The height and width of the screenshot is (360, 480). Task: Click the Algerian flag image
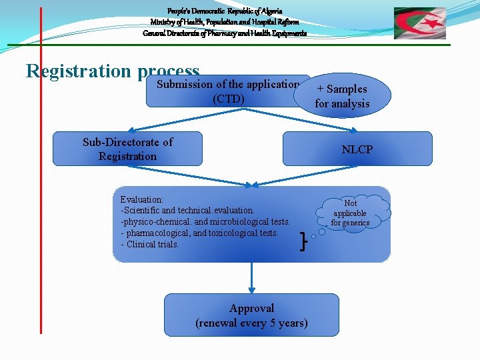[420, 23]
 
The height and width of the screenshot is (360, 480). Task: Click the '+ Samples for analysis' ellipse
[342, 95]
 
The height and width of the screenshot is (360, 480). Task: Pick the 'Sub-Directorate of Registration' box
[127, 149]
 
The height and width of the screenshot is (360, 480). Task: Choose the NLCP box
[357, 149]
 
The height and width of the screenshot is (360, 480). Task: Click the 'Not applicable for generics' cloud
[351, 213]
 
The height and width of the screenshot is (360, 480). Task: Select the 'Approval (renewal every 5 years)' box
[251, 315]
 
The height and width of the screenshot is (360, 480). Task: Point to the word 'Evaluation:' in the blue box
[141, 199]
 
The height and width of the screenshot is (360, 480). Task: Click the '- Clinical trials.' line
[150, 244]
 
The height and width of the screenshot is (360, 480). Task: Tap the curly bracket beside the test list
[304, 239]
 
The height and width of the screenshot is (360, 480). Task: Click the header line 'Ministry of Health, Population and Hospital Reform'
[225, 22]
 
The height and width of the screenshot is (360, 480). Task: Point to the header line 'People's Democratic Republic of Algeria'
[225, 11]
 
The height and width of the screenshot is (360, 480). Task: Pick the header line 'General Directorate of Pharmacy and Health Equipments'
[225, 33]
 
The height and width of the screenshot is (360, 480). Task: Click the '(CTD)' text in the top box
[228, 99]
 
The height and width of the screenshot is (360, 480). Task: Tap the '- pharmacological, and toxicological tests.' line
[199, 233]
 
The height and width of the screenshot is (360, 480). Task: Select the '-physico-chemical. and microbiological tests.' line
[205, 221]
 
